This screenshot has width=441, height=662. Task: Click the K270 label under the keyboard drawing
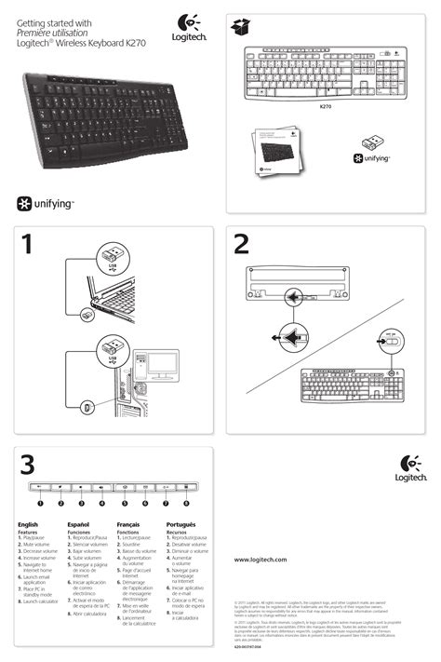tap(326, 107)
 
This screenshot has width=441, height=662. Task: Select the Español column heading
tap(79, 525)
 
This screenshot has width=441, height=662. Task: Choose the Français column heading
tap(130, 525)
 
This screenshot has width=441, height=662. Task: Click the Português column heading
tap(182, 525)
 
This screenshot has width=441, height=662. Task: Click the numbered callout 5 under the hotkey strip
tap(123, 503)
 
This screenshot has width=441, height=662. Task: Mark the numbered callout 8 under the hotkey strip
tap(186, 503)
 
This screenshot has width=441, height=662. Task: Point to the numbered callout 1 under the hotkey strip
tap(40, 503)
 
